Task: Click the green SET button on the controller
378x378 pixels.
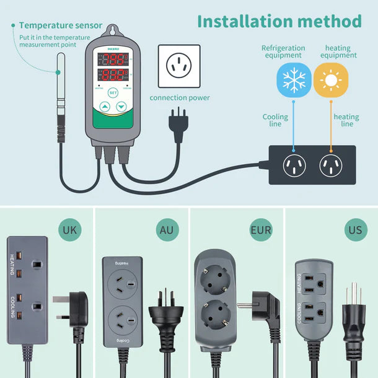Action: pyautogui.click(x=113, y=93)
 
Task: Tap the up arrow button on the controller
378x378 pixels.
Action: pyautogui.click(x=104, y=107)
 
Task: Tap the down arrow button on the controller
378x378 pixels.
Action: pyautogui.click(x=121, y=107)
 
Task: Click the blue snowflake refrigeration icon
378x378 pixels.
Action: pyautogui.click(x=294, y=80)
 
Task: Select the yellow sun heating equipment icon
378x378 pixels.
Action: pyautogui.click(x=331, y=80)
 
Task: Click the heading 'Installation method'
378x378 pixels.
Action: pyautogui.click(x=279, y=21)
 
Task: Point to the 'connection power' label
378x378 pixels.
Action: pyautogui.click(x=180, y=97)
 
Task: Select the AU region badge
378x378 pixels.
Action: pyautogui.click(x=167, y=231)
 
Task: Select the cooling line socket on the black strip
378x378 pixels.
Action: pyautogui.click(x=294, y=165)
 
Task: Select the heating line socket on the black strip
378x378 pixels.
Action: pyautogui.click(x=331, y=165)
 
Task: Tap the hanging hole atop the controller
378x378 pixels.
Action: pyautogui.click(x=113, y=31)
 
